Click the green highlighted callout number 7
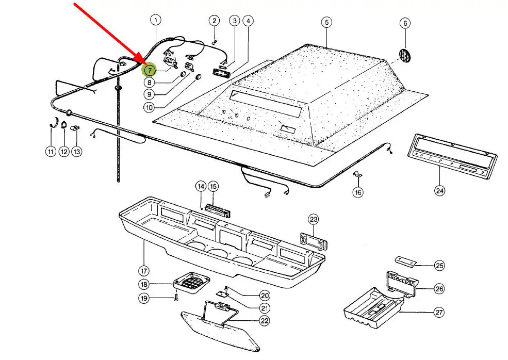pos(150,70)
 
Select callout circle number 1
pos(156,20)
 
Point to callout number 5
pos(326,22)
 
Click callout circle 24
pos(439,191)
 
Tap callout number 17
pos(143,270)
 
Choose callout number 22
pos(265,321)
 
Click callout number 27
pos(439,312)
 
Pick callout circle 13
pos(76,152)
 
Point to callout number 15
pos(213,186)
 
